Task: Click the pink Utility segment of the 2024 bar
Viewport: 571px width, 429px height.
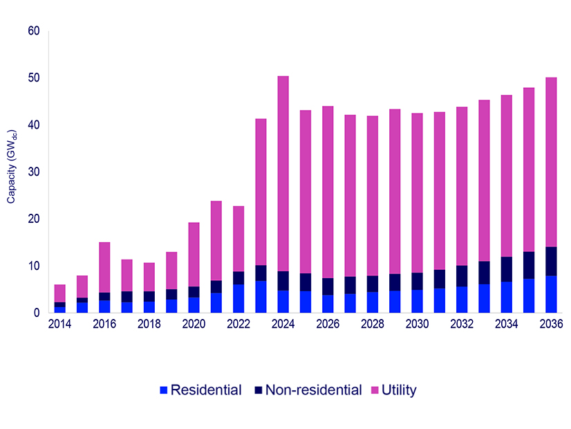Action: [x=283, y=174]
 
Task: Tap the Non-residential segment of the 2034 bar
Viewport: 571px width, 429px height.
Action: [x=506, y=269]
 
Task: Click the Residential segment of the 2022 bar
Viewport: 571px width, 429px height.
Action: [x=238, y=298]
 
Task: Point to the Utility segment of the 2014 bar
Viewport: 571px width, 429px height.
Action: [x=60, y=293]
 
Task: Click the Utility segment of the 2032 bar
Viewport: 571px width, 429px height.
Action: [x=462, y=186]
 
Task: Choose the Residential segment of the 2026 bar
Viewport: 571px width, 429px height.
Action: [x=328, y=304]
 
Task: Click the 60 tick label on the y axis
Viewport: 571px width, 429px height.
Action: [x=34, y=31]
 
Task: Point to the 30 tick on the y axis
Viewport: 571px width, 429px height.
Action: [x=34, y=172]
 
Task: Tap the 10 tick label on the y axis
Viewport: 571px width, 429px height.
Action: [x=34, y=266]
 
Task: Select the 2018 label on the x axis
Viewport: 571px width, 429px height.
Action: [x=149, y=324]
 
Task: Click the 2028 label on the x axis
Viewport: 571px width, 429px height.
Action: [x=372, y=324]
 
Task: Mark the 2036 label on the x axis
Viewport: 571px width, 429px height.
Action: [x=551, y=324]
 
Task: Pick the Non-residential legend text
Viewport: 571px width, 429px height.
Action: [x=315, y=390]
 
